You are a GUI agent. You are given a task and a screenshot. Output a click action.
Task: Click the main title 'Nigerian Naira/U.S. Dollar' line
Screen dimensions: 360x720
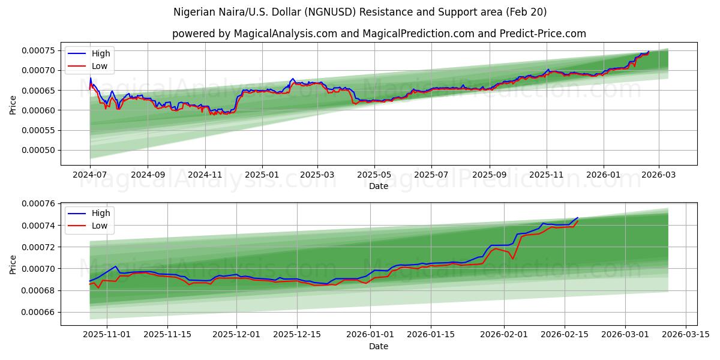(360, 12)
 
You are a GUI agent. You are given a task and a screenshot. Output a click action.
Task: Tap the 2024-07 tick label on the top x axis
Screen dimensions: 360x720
(90, 175)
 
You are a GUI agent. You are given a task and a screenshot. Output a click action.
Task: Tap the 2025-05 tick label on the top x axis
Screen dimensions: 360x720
(374, 175)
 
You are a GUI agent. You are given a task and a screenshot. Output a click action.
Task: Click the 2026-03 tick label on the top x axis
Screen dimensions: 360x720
(659, 175)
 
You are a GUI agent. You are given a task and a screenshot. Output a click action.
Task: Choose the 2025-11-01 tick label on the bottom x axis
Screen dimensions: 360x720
(107, 334)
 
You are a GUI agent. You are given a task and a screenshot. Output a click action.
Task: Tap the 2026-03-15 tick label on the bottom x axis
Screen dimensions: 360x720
(685, 334)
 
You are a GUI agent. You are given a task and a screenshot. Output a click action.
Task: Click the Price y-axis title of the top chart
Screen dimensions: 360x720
(13, 105)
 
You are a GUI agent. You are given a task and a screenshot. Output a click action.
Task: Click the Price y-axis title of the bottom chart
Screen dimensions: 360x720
(13, 264)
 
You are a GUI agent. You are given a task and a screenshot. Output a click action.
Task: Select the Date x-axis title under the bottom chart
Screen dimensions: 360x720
(379, 346)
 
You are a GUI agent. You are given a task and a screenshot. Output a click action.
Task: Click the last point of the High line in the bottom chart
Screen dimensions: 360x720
(577, 218)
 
